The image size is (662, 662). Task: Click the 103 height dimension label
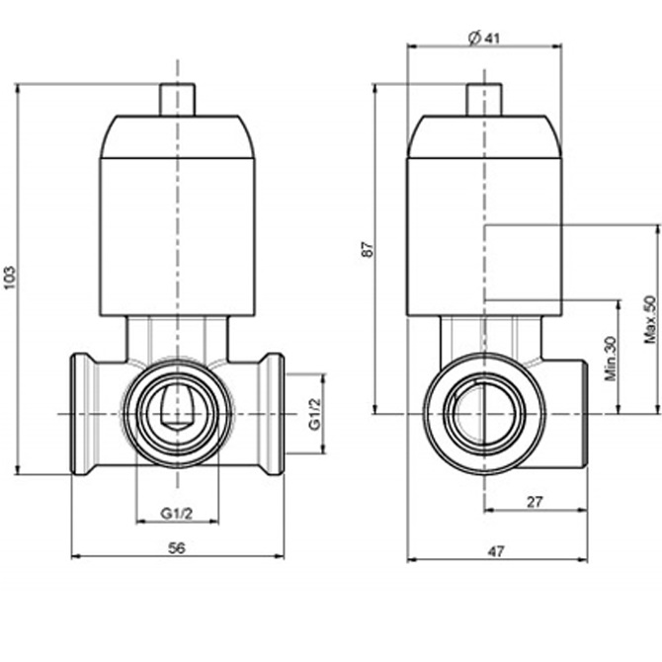pos(10,278)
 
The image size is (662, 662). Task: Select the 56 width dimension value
pos(177,548)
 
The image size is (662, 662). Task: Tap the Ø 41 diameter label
pos(484,38)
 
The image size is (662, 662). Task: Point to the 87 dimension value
pos(368,249)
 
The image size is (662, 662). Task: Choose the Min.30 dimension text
pos(611,359)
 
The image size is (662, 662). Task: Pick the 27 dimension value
pos(535,502)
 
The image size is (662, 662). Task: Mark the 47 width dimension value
pos(496,551)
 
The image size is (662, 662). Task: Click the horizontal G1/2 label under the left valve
pos(177,514)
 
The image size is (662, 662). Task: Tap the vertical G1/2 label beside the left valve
pos(315,414)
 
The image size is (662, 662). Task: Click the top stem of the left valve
pos(177,100)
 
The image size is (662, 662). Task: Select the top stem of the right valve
pos(484,100)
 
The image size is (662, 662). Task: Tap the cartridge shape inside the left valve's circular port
pos(177,408)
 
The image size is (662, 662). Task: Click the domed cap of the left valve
pos(177,136)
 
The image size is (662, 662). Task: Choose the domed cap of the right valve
pos(484,136)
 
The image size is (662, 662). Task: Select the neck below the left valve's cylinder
pos(177,338)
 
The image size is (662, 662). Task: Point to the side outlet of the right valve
pos(566,414)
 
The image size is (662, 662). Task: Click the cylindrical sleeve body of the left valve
pos(177,237)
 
